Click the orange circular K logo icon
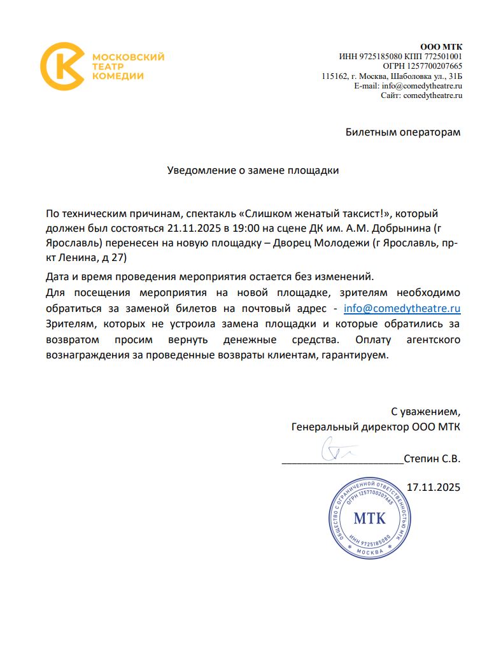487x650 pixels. tap(62, 66)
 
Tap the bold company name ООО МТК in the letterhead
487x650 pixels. tap(441, 46)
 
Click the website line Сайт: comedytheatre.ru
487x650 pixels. tap(421, 95)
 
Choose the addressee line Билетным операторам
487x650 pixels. tap(402, 132)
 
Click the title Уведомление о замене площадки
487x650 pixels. tap(253, 171)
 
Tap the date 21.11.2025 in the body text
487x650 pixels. tap(191, 227)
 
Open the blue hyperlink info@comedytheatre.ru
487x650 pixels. tap(402, 309)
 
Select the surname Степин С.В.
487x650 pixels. tap(432, 458)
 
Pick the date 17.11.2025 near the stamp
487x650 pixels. tap(433, 488)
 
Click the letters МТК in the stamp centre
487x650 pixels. tap(369, 517)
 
